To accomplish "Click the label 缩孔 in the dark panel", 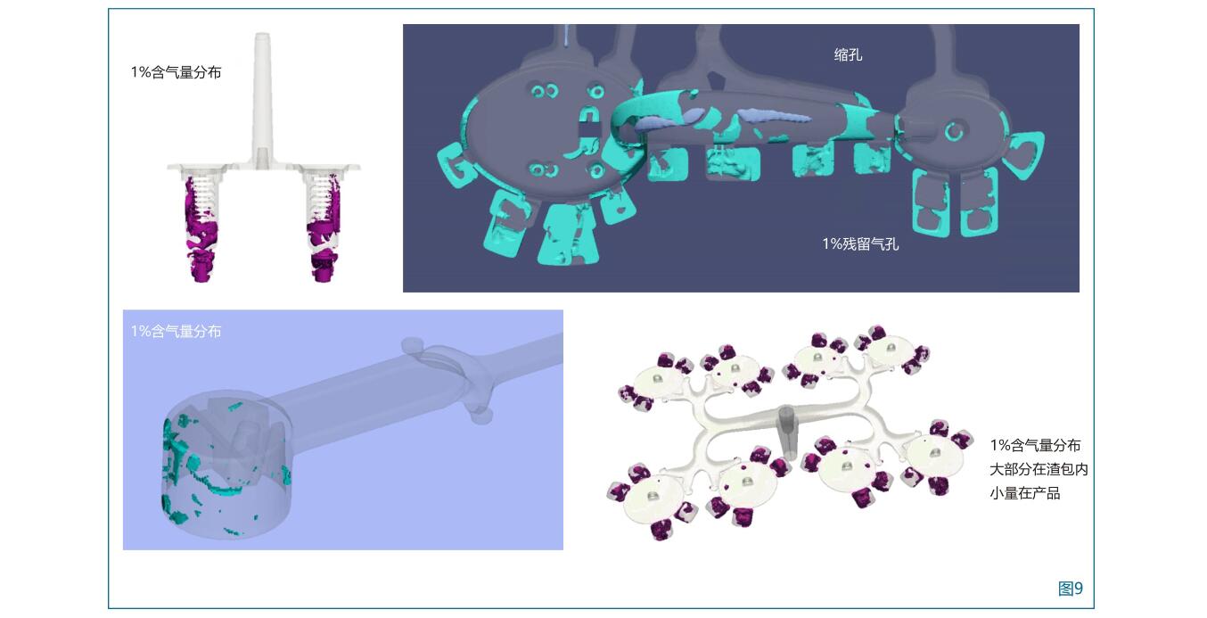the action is [x=848, y=55].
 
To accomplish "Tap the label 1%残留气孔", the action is [x=860, y=244].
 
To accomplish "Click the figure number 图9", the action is [x=1070, y=589].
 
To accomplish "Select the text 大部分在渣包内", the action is [x=1039, y=470].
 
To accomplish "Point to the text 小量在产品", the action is [x=1024, y=493].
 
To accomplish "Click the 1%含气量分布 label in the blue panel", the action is [x=176, y=331].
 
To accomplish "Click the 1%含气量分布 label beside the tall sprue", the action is [x=176, y=72].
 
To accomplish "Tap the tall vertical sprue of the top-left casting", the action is [x=262, y=97].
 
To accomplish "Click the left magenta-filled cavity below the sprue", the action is [x=201, y=227].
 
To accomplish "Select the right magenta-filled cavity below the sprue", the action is [x=324, y=227].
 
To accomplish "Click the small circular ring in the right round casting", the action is [x=954, y=131].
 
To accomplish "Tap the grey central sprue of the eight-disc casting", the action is [x=787, y=432].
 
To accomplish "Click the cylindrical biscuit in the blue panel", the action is [x=227, y=465].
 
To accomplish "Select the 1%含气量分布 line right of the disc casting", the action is [x=1035, y=445].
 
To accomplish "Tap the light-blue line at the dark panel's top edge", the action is [x=565, y=35].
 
